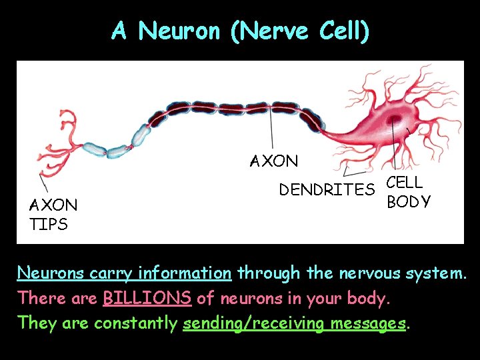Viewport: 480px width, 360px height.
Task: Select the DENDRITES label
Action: click(x=327, y=190)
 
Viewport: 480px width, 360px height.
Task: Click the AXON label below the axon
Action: click(x=274, y=161)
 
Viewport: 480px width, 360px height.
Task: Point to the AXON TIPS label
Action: click(x=53, y=214)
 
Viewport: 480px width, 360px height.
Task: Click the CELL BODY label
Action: click(x=408, y=192)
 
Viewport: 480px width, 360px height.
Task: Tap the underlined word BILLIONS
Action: click(x=147, y=298)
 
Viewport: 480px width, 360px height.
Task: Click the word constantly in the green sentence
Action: click(x=135, y=323)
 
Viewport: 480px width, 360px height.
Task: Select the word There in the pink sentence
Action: click(x=38, y=298)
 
